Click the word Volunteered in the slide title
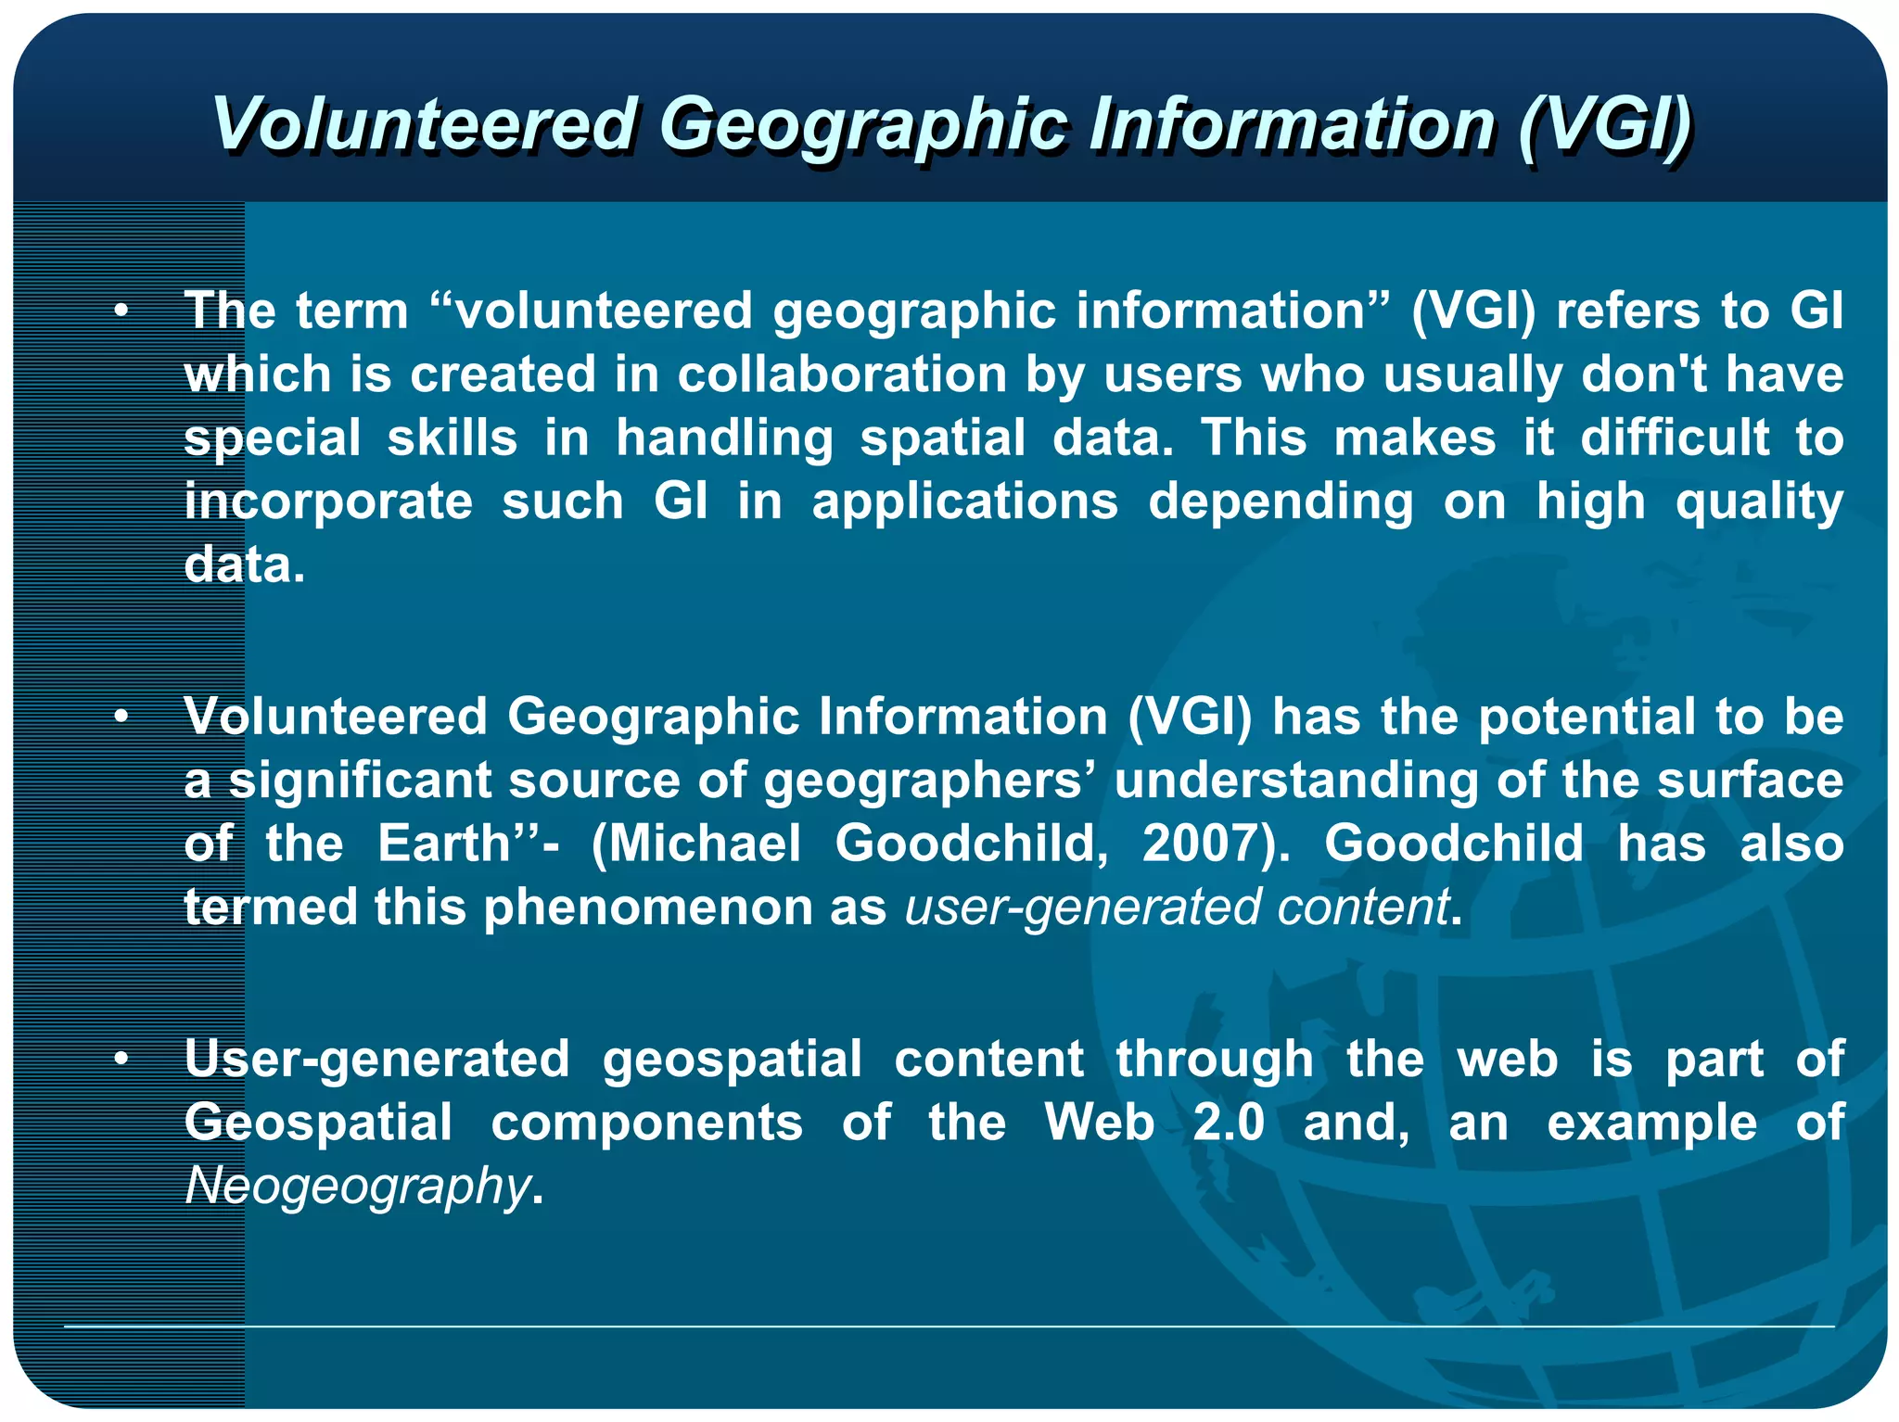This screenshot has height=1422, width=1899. [424, 124]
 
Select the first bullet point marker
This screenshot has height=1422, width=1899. [121, 311]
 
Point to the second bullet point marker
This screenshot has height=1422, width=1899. [121, 717]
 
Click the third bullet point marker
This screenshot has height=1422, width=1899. [121, 1060]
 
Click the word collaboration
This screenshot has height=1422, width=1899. [842, 375]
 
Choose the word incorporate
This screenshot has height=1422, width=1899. [328, 502]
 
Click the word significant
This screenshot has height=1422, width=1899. [360, 781]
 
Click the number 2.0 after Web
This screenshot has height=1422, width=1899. [1228, 1124]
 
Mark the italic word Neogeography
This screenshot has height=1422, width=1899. [357, 1187]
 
